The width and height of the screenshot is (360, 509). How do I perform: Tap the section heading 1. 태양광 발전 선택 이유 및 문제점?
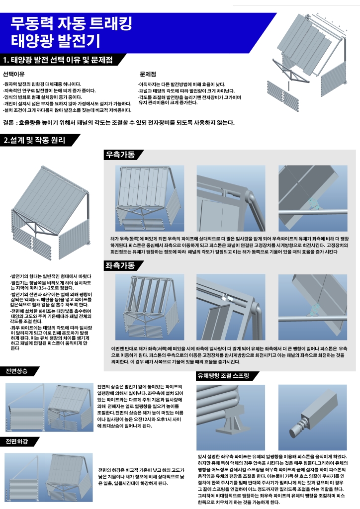[57, 60]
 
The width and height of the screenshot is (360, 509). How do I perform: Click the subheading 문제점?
[148, 74]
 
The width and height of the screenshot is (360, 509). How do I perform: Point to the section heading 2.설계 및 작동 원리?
[34, 140]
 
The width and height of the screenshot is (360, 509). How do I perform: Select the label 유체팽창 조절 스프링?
[223, 376]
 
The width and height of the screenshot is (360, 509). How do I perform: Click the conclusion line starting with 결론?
[118, 122]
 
